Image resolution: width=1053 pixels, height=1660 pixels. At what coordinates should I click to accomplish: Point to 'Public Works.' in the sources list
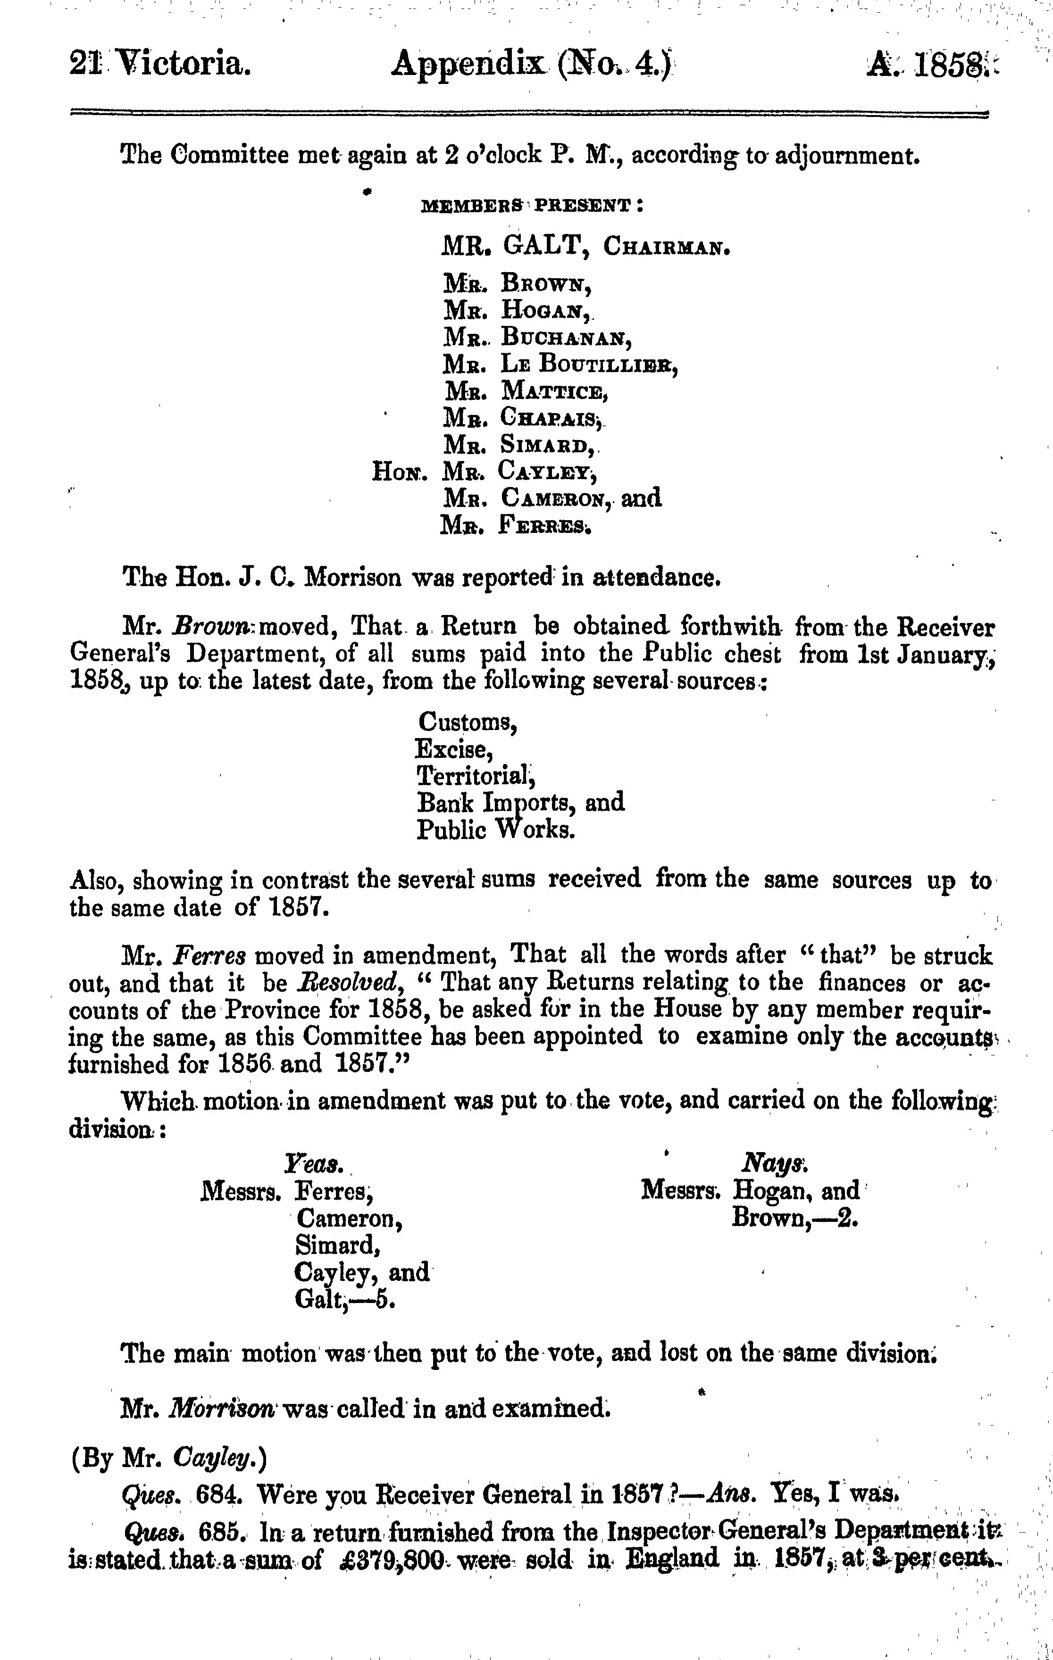tap(495, 830)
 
